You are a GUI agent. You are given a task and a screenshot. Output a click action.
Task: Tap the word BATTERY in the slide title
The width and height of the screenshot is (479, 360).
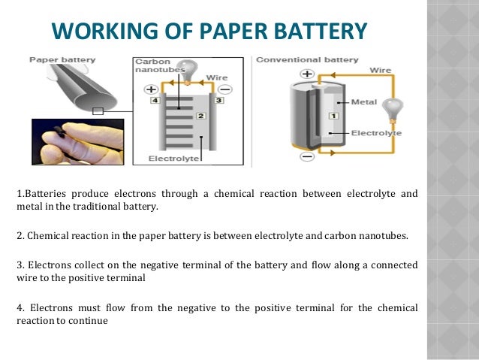click(320, 32)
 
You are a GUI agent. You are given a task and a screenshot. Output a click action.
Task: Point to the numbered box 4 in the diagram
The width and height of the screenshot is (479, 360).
click(153, 99)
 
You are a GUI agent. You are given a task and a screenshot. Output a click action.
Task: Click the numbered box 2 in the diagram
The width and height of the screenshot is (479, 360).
click(200, 116)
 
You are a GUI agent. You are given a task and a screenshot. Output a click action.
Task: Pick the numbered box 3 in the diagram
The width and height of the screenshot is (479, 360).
click(220, 99)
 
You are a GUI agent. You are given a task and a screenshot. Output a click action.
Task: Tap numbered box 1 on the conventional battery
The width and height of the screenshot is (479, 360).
click(333, 116)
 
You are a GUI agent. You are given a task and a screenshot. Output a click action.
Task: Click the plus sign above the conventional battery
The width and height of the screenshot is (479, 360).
click(306, 74)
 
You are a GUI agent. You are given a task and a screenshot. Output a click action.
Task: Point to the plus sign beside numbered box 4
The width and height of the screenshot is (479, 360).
click(152, 88)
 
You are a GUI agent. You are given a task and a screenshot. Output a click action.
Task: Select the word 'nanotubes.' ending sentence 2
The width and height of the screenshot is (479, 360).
click(378, 235)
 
